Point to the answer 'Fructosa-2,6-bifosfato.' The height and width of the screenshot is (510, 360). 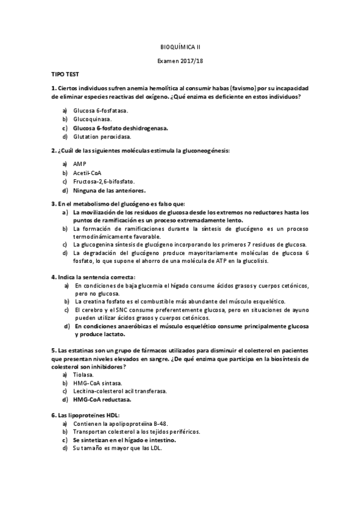click(x=104, y=181)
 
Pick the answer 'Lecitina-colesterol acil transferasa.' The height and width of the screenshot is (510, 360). click(x=120, y=391)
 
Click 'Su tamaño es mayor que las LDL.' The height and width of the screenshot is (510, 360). click(x=117, y=449)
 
